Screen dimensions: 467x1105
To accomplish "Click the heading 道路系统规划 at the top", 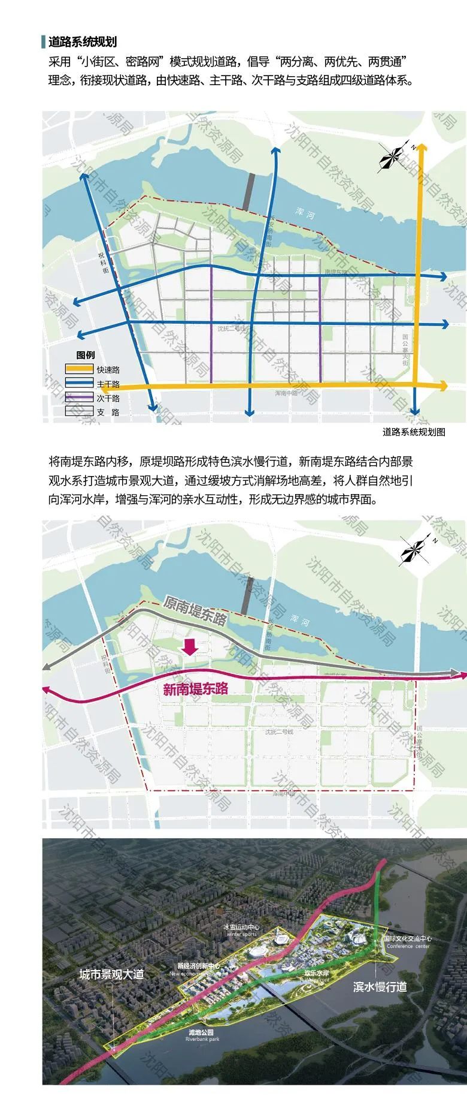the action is click(83, 41).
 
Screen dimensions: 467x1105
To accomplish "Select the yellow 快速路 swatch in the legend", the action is click(79, 370).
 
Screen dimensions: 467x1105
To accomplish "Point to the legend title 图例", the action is click(86, 355).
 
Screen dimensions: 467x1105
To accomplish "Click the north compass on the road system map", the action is click(394, 158).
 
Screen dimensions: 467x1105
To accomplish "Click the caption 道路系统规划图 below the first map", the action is click(414, 432).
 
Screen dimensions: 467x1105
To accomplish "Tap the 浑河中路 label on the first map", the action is click(286, 393).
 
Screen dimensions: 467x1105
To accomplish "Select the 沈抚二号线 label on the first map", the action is click(231, 329).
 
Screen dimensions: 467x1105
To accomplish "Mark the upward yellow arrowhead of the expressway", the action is click(422, 148).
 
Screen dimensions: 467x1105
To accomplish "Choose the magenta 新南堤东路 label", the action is click(196, 690).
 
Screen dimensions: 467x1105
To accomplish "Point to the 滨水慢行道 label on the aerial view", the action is click(380, 987).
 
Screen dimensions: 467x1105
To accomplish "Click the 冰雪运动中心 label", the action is click(241, 927).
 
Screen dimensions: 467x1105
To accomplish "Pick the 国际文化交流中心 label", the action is click(408, 939).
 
